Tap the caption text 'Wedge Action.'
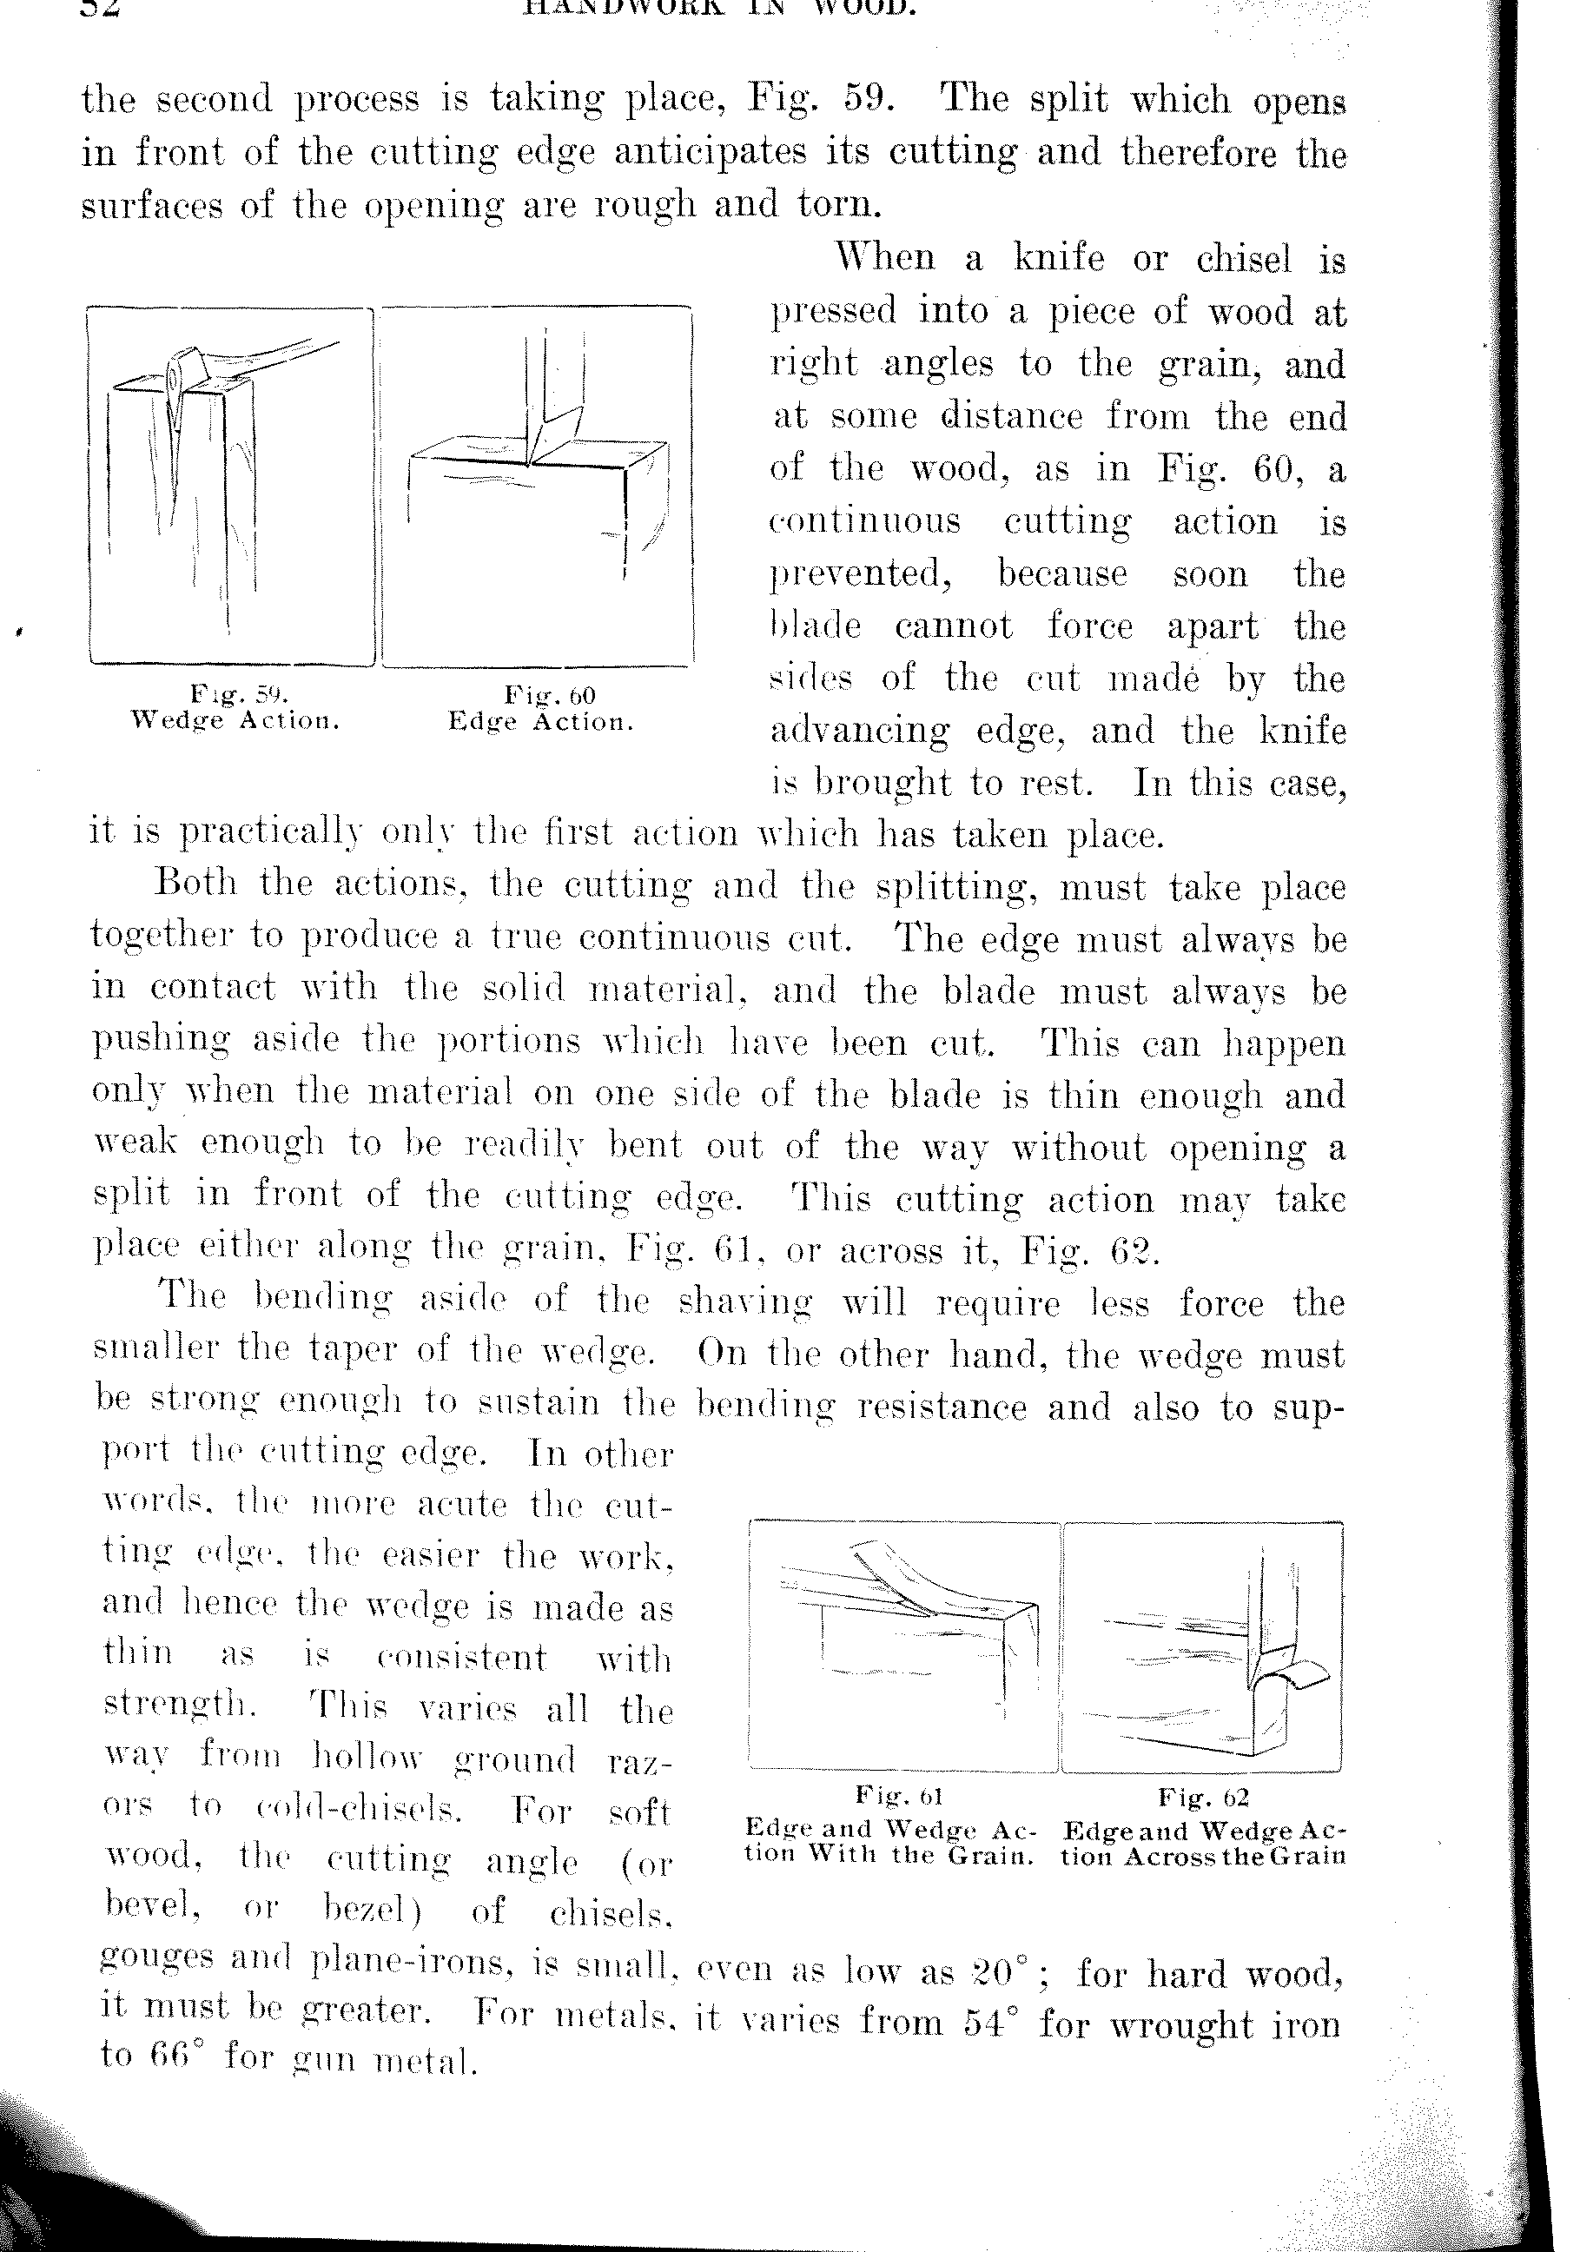[x=235, y=721]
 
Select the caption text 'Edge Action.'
[x=540, y=722]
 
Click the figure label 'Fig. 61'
[x=898, y=1796]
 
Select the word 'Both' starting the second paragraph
[x=196, y=883]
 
